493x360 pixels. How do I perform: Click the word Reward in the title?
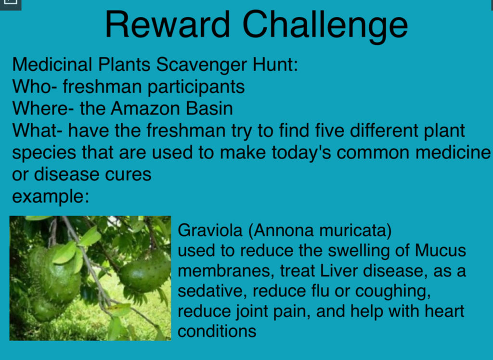coord(167,25)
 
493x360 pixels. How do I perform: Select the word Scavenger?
coord(202,65)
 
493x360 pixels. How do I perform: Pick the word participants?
coord(196,87)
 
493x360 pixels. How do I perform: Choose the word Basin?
coord(209,108)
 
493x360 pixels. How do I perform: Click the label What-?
coord(38,130)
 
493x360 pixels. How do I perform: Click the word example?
coord(51,197)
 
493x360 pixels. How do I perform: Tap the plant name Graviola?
coord(210,230)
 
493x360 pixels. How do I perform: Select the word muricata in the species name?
coord(356,231)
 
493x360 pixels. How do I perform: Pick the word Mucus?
coord(441,251)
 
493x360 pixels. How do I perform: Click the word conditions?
coord(217,331)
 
